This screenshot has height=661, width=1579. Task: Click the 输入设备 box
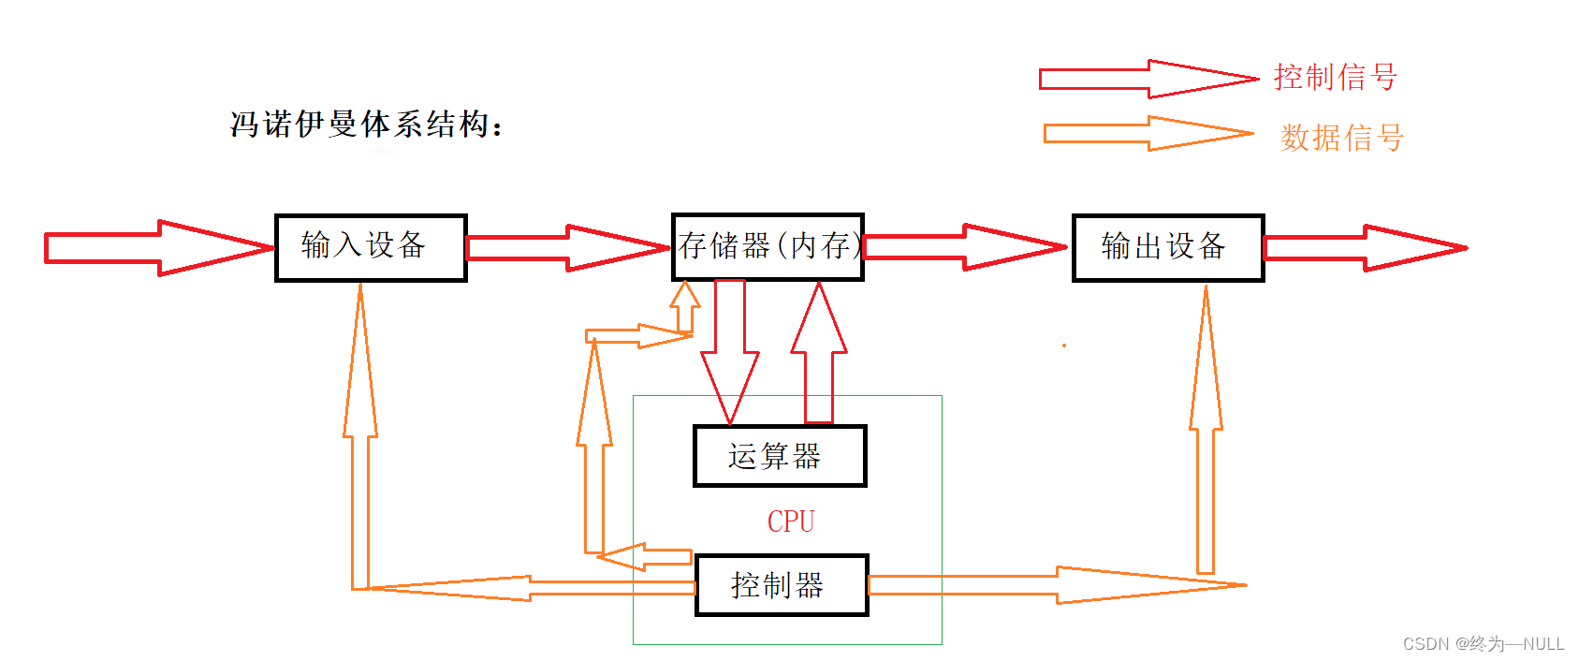[371, 247]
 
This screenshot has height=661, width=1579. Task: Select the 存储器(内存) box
[768, 246]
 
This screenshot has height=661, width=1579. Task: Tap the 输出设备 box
[1168, 247]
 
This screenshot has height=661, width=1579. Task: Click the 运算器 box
[780, 456]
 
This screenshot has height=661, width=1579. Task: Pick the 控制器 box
[782, 585]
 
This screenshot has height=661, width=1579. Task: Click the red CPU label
[791, 521]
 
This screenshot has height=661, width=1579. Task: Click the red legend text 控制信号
[1336, 77]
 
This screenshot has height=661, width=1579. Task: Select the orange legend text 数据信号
[1342, 138]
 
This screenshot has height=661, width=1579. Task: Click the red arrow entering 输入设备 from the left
[159, 248]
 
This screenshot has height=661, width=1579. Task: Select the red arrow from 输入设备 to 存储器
[567, 248]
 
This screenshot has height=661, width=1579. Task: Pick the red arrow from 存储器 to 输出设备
[964, 247]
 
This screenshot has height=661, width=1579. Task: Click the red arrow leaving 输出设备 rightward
[1365, 248]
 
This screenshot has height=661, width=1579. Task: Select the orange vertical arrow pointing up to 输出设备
[1206, 431]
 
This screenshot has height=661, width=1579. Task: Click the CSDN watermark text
[1484, 644]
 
